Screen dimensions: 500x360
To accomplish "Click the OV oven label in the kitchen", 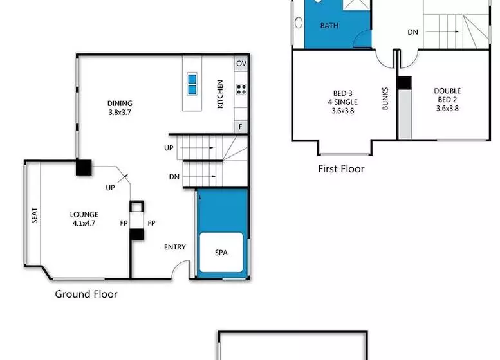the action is point(241,64).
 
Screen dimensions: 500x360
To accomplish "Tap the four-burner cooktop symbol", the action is point(241,89).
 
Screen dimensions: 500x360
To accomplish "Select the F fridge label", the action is point(241,127).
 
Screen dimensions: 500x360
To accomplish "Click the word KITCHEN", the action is point(220,94).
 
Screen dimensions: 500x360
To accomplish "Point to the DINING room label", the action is point(120,104).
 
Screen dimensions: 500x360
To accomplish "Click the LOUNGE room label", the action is point(84,215).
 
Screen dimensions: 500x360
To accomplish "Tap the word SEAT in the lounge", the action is point(35,215).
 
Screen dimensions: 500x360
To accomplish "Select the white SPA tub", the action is point(221,252).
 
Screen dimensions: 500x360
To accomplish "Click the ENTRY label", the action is point(175,247).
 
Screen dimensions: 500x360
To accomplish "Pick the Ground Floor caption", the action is point(86,294).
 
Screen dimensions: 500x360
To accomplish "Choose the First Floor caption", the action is point(341,168).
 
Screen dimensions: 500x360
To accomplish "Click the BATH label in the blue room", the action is point(329,26).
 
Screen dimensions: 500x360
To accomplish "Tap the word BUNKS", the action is point(385,99).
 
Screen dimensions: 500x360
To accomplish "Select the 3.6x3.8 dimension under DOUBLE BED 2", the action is point(447,108).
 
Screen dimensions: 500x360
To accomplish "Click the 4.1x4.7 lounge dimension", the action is point(84,223).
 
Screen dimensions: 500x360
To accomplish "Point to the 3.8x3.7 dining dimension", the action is point(120,112).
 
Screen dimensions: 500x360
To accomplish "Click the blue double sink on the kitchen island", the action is point(192,84).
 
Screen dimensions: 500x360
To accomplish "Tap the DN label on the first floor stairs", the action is point(412,32).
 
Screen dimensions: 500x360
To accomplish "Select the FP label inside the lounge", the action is point(124,223).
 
